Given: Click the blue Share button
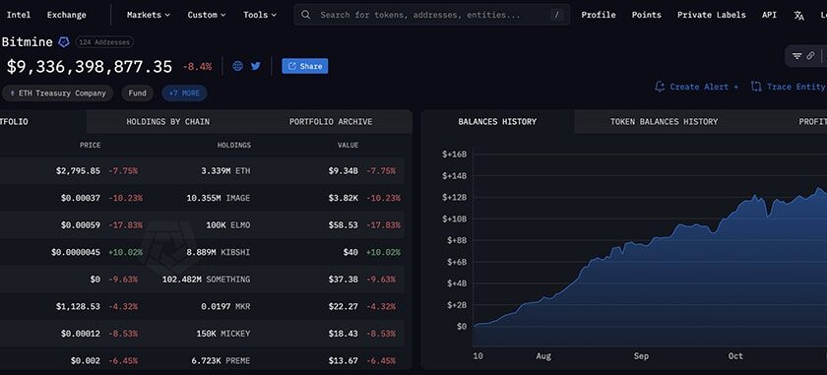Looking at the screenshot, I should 304,66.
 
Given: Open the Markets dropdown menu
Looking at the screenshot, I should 148,15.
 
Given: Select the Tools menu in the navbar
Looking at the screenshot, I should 259,15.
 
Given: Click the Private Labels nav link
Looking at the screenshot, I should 711,15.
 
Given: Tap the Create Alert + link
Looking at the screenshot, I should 696,87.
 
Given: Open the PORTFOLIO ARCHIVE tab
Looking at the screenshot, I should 330,122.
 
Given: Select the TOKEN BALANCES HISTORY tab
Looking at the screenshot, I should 664,122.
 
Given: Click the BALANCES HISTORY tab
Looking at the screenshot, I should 497,122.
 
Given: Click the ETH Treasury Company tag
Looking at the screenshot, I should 57,94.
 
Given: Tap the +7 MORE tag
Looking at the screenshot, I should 184,94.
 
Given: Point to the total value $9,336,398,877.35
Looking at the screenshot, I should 90,67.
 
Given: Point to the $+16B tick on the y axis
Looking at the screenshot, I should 454,154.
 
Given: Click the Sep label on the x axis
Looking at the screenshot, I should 641,355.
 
